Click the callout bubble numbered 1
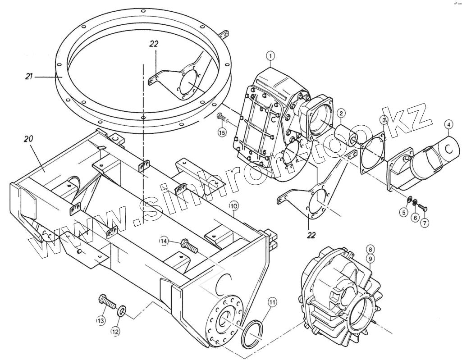pyautogui.click(x=270, y=55)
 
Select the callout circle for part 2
pyautogui.click(x=341, y=113)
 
